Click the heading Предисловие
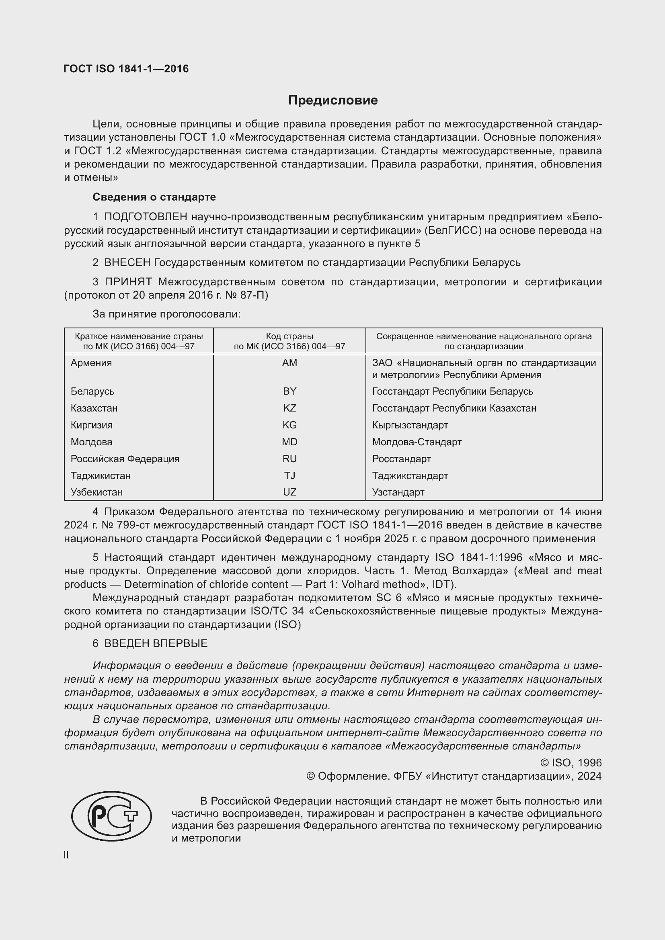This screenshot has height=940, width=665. [x=332, y=100]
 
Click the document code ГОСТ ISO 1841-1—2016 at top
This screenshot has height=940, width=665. [x=126, y=69]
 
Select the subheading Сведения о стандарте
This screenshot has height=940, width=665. [x=154, y=197]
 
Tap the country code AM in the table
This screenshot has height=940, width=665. [x=289, y=363]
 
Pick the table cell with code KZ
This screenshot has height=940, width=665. [x=289, y=408]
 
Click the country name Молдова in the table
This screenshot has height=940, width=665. [x=91, y=442]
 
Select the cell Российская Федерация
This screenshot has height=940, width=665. [x=125, y=459]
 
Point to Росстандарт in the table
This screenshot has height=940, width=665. [x=401, y=459]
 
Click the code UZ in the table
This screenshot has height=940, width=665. [x=289, y=492]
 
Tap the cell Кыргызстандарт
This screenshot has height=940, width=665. [x=410, y=425]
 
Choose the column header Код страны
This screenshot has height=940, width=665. [x=289, y=336]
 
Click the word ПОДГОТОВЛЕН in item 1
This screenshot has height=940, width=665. [x=146, y=217]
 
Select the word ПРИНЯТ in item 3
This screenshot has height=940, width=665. [x=128, y=282]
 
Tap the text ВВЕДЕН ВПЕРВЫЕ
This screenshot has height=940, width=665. [x=156, y=643]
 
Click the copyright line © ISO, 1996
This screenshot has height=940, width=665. [x=571, y=762]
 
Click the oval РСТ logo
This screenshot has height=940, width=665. [x=111, y=816]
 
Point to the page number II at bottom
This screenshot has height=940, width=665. [x=66, y=855]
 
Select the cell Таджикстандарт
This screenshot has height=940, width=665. [x=410, y=475]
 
